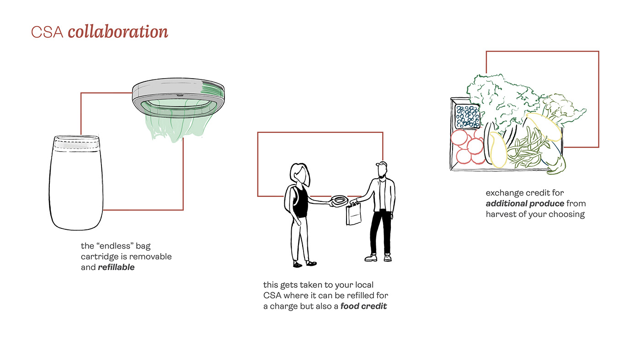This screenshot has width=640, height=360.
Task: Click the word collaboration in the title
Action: coord(118,32)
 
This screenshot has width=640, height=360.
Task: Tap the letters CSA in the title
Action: coord(47,32)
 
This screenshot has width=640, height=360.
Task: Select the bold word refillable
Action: coord(116,268)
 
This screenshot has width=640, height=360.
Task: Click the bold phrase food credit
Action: coord(363,306)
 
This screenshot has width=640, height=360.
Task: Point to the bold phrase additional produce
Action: coord(525,204)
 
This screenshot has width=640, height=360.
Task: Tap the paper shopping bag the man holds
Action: coord(353,214)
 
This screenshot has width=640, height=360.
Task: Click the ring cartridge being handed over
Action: coord(339,200)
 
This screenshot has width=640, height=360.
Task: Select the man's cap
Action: coord(381,164)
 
